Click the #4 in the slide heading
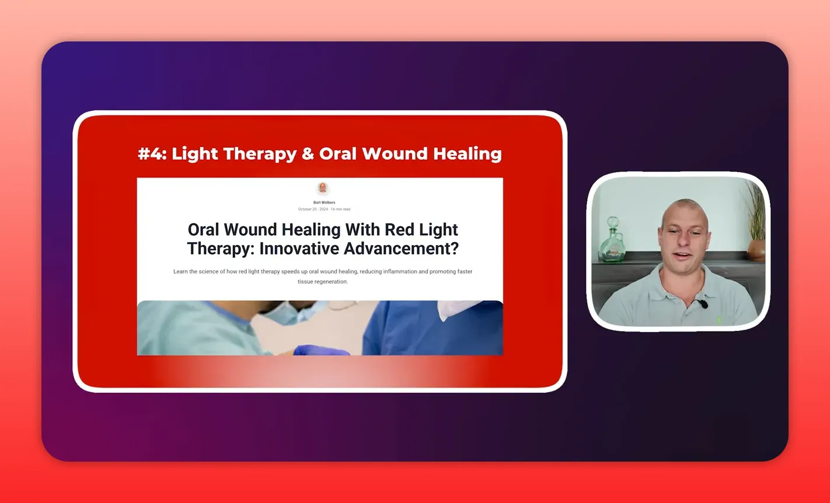152,153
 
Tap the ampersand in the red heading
308,153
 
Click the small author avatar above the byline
322,188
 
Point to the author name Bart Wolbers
324,202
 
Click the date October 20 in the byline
307,209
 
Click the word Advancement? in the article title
401,249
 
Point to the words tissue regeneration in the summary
322,281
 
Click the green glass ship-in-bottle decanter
613,245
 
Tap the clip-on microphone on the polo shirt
702,304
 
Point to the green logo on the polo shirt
719,320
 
